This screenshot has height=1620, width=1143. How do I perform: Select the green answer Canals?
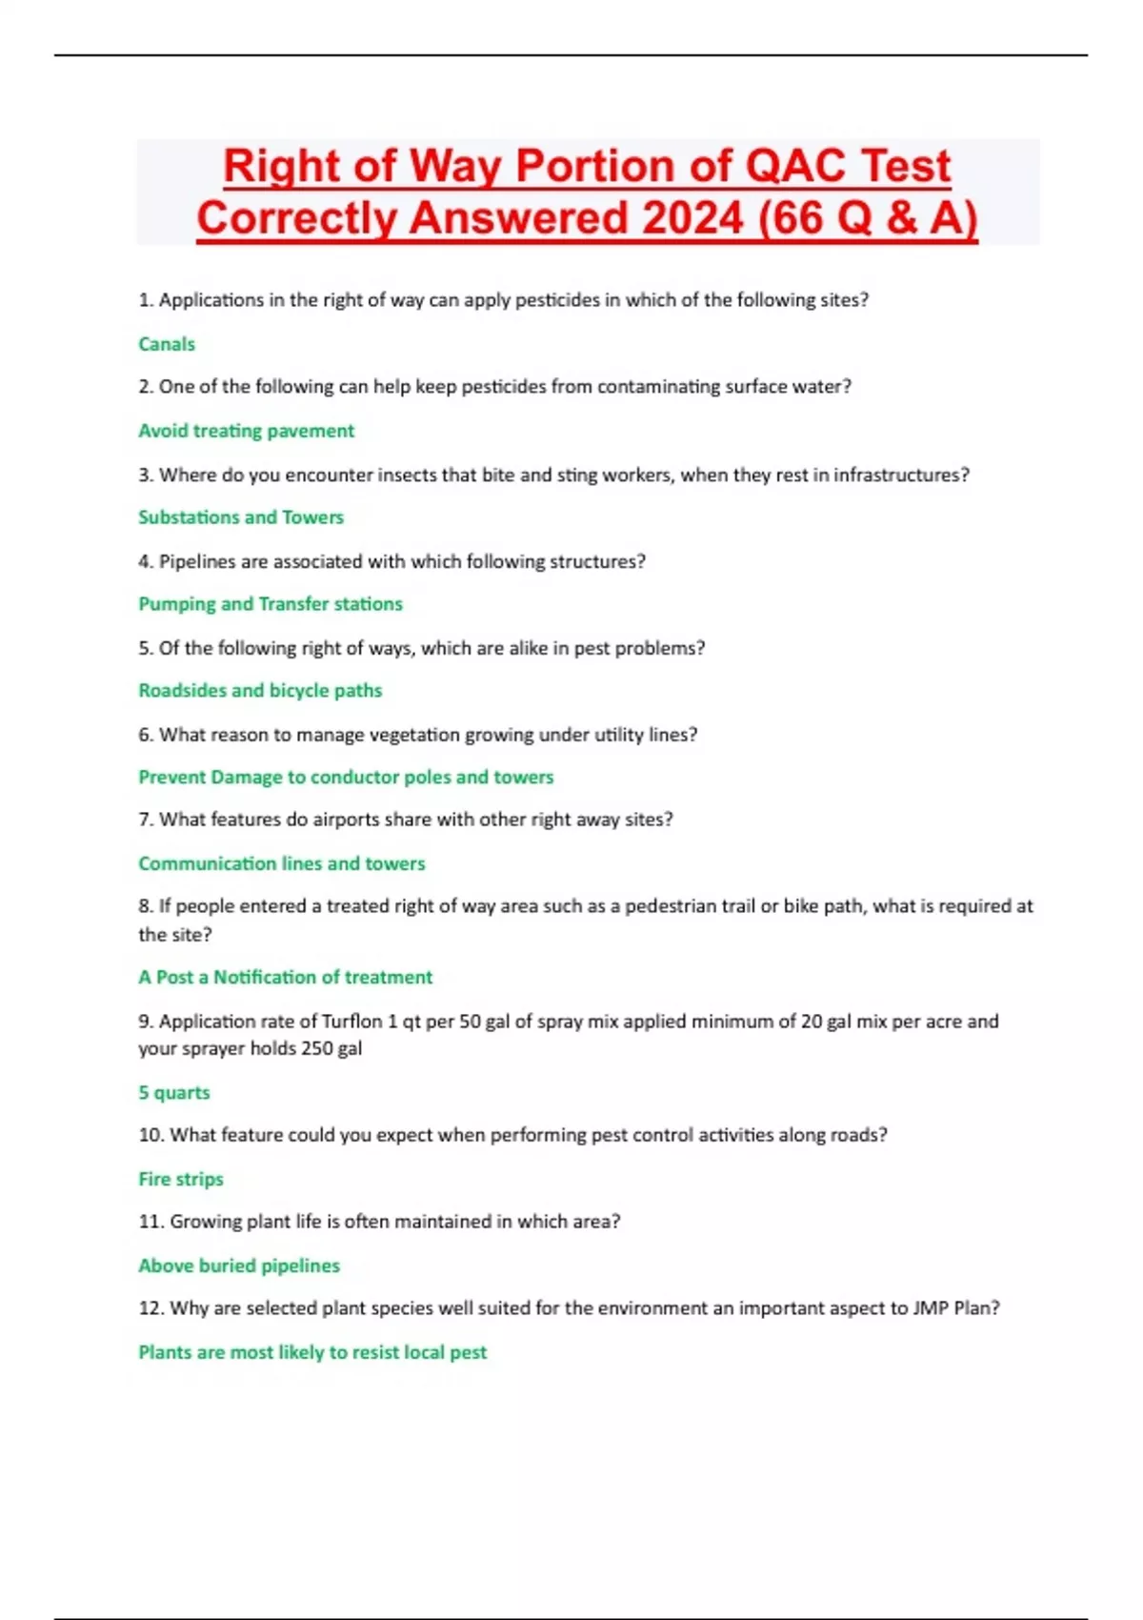click(x=167, y=344)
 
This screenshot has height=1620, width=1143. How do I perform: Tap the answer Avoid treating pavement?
click(x=246, y=431)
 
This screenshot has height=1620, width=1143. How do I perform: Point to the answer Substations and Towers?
click(x=241, y=517)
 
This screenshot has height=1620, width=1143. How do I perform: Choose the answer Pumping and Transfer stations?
click(x=271, y=604)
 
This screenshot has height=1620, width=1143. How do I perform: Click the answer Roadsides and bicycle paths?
click(x=260, y=691)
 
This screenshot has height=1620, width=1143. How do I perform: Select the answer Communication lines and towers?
click(x=282, y=863)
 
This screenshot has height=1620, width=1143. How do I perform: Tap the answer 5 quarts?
click(x=174, y=1093)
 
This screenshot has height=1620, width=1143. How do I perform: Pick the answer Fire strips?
click(x=181, y=1180)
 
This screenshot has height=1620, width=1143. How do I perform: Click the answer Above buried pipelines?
click(x=239, y=1266)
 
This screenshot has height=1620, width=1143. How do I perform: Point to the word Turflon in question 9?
click(x=351, y=1022)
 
